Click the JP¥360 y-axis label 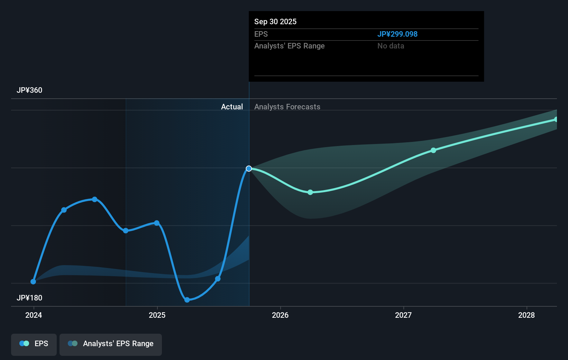[x=29, y=90]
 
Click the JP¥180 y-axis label [x=29, y=298]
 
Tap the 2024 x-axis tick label [x=34, y=315]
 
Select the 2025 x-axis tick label [x=157, y=315]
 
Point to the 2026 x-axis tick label [x=280, y=315]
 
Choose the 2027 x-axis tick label [x=403, y=315]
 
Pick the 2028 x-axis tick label [x=526, y=315]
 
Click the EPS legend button [x=34, y=344]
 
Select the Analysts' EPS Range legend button [x=111, y=344]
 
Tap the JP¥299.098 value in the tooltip [x=397, y=34]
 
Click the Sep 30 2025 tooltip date [x=275, y=22]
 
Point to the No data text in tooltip [x=391, y=46]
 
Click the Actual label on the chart [x=232, y=107]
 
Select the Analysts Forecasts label [x=287, y=107]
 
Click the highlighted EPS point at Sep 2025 [x=249, y=169]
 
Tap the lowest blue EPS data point [x=187, y=300]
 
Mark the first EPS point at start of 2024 [x=33, y=282]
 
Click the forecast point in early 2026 [x=310, y=192]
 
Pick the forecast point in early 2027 [x=433, y=150]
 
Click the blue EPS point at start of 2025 [x=157, y=223]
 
